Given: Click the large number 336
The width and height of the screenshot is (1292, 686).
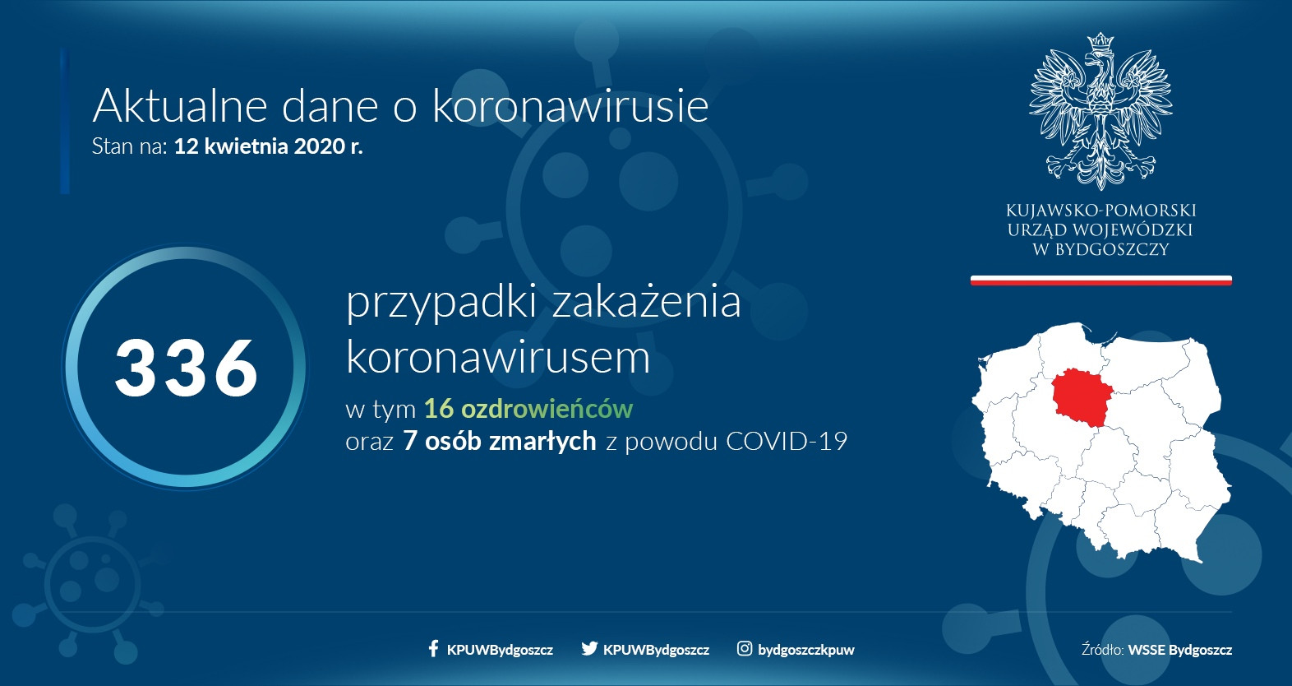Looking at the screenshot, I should coord(187,368).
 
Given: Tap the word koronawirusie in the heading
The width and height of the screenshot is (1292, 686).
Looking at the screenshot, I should coord(570,105).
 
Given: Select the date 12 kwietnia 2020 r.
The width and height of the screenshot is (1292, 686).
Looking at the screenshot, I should coord(268,146).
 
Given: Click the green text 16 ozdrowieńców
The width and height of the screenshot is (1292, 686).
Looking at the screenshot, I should coord(528,409).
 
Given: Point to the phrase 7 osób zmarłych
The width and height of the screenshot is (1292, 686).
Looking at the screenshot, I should coord(499,442).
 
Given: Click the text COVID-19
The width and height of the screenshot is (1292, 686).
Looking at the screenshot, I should coord(786,442).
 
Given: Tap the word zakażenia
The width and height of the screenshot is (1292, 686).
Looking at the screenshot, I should coord(646,301).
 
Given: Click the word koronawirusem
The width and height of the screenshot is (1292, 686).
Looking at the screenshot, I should coord(498,357).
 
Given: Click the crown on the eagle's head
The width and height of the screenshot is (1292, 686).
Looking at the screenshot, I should coord(1101,41).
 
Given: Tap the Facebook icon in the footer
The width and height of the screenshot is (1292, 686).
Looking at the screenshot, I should coord(433,648).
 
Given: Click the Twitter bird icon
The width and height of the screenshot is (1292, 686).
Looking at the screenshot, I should coord(588,648).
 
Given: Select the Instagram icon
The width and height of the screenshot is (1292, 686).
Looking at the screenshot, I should coord(744,648).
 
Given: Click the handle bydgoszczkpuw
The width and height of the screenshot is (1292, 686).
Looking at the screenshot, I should coord(805,650).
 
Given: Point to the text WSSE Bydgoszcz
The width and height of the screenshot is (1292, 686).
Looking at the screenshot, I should coord(1179,650).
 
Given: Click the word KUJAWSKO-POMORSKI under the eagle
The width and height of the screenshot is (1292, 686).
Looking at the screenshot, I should coord(1101,211).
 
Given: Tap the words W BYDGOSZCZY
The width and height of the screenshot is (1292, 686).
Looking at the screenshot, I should coord(1101,250).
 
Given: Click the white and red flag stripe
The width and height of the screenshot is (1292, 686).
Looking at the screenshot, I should coord(1101,280).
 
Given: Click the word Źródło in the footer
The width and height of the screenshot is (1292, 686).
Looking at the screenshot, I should coord(1102,649).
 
